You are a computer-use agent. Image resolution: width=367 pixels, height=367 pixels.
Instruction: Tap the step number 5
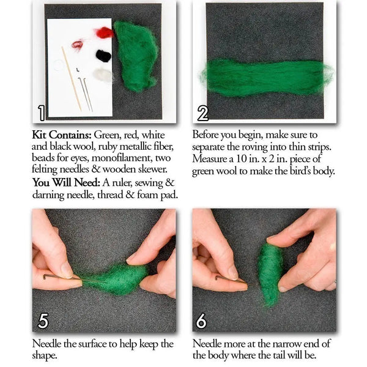coord(42,321)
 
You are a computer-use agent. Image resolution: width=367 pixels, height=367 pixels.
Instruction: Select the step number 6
coord(202,321)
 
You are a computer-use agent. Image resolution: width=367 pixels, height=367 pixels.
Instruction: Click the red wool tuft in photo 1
coord(105,32)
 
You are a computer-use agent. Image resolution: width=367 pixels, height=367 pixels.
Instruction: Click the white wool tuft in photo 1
coord(103,76)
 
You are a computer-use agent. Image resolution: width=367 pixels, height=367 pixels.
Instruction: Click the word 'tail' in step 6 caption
coord(295,355)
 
